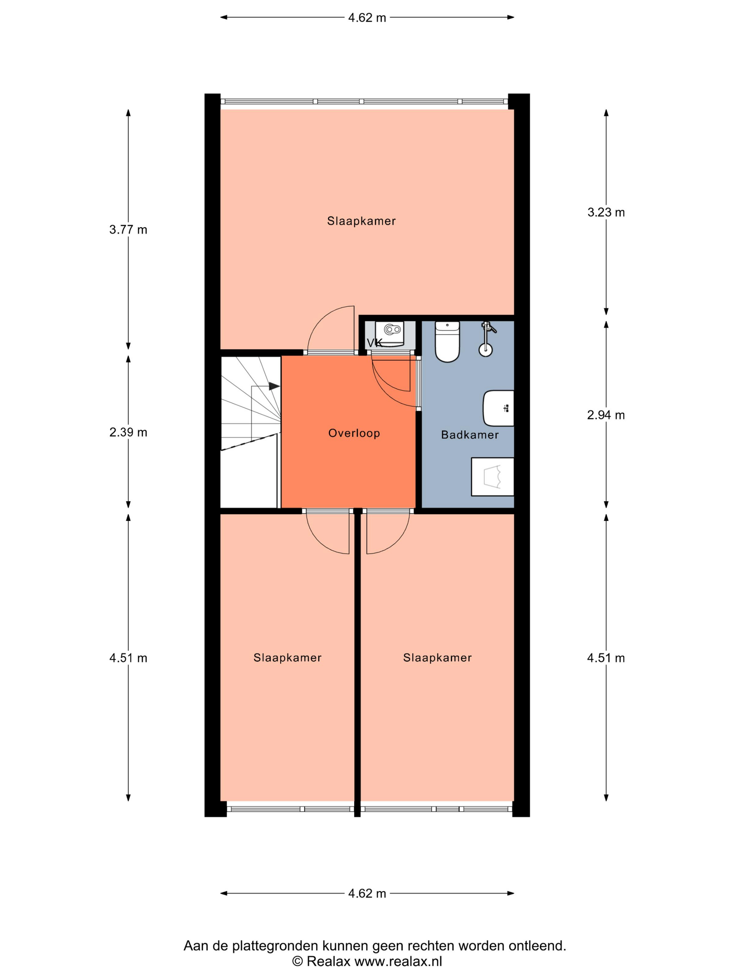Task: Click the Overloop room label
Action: click(354, 433)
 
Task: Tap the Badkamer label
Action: click(470, 435)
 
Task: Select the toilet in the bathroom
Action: click(447, 342)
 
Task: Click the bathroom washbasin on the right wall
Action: click(499, 408)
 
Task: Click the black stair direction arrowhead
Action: click(274, 386)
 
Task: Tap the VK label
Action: click(375, 343)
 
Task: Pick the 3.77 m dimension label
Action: click(128, 230)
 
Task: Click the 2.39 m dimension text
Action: click(128, 433)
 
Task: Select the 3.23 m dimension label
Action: click(606, 213)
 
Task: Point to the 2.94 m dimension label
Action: click(606, 415)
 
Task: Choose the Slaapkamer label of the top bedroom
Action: click(361, 221)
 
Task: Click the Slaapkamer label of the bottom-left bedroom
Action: click(288, 658)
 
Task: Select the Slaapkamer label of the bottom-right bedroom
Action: click(438, 658)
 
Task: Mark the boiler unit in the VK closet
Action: click(390, 334)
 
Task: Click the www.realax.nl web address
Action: click(398, 961)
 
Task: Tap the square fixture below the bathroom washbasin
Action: click(492, 477)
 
